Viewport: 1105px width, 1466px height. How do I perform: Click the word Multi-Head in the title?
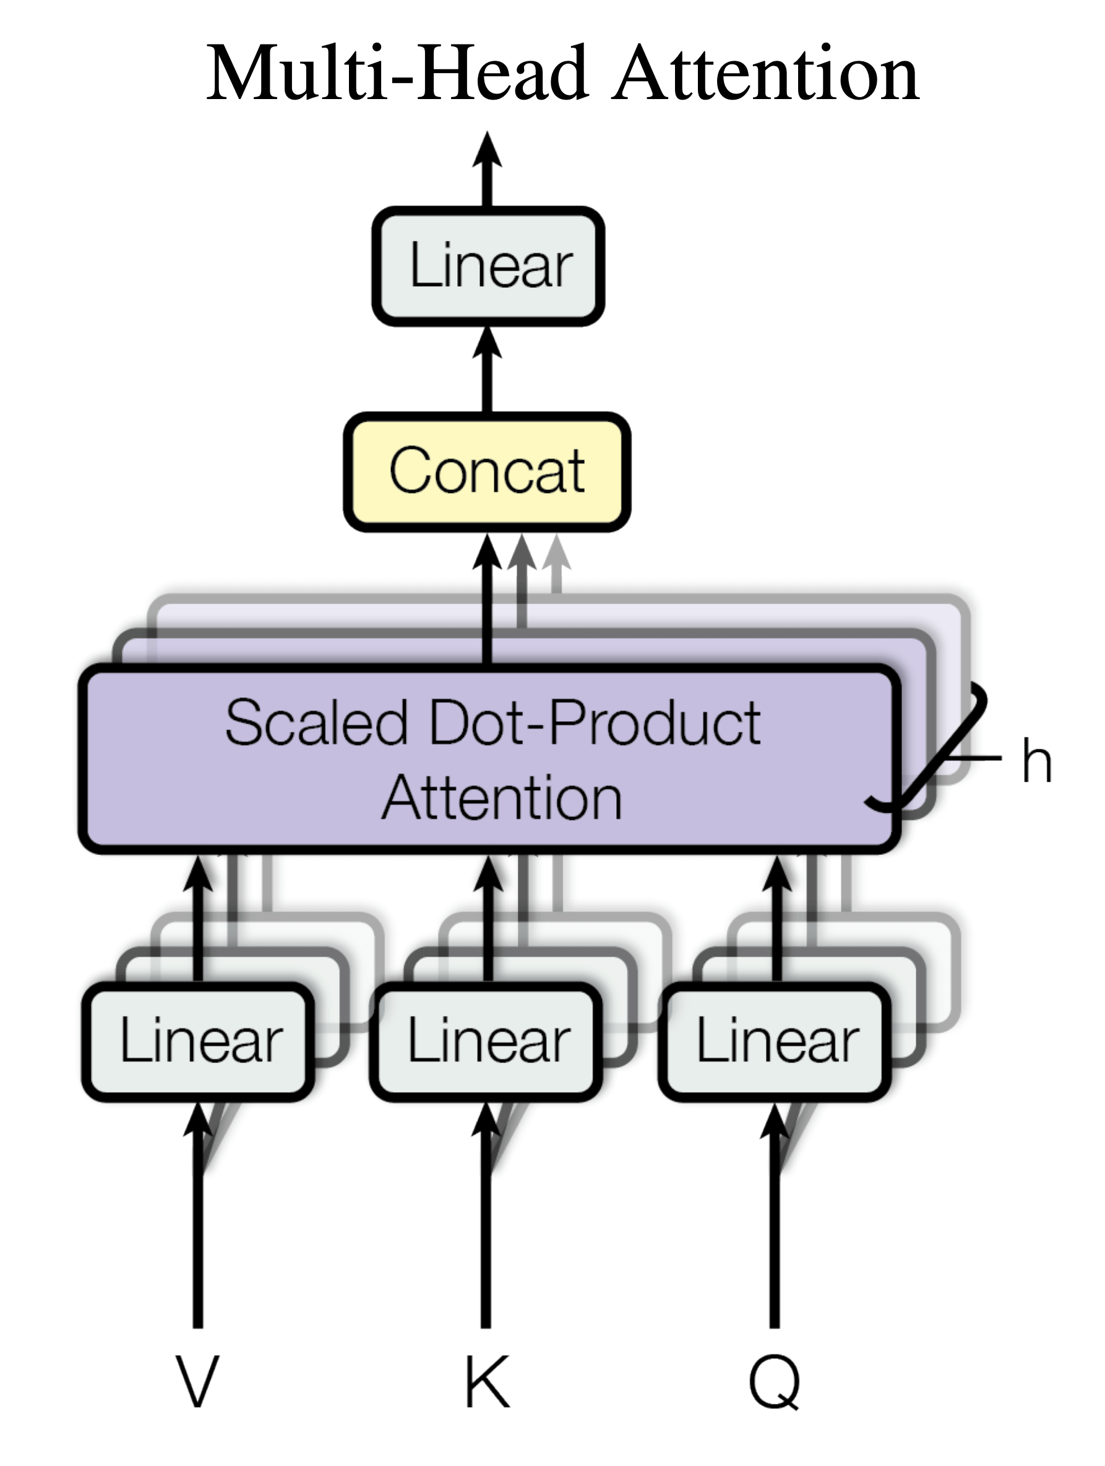click(x=397, y=73)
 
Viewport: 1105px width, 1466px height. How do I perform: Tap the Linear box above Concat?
click(x=488, y=266)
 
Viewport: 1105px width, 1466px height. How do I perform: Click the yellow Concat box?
click(x=487, y=472)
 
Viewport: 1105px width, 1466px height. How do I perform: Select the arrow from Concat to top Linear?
click(x=487, y=371)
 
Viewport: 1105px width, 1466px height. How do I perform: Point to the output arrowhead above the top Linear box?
click(x=487, y=149)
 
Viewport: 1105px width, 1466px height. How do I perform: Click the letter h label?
click(x=1037, y=761)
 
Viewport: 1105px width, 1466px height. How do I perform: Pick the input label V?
click(x=197, y=1381)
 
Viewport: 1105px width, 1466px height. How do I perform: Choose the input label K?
click(x=487, y=1381)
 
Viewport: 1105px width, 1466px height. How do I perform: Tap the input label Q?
click(x=775, y=1382)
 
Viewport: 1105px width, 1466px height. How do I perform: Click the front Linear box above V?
click(x=198, y=1041)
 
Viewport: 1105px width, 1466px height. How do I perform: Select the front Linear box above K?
click(x=487, y=1041)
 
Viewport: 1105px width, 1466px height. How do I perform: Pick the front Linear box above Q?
click(x=775, y=1041)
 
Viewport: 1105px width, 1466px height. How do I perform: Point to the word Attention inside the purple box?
click(x=502, y=799)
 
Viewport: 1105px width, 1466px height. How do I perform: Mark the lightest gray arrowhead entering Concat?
click(x=556, y=553)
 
